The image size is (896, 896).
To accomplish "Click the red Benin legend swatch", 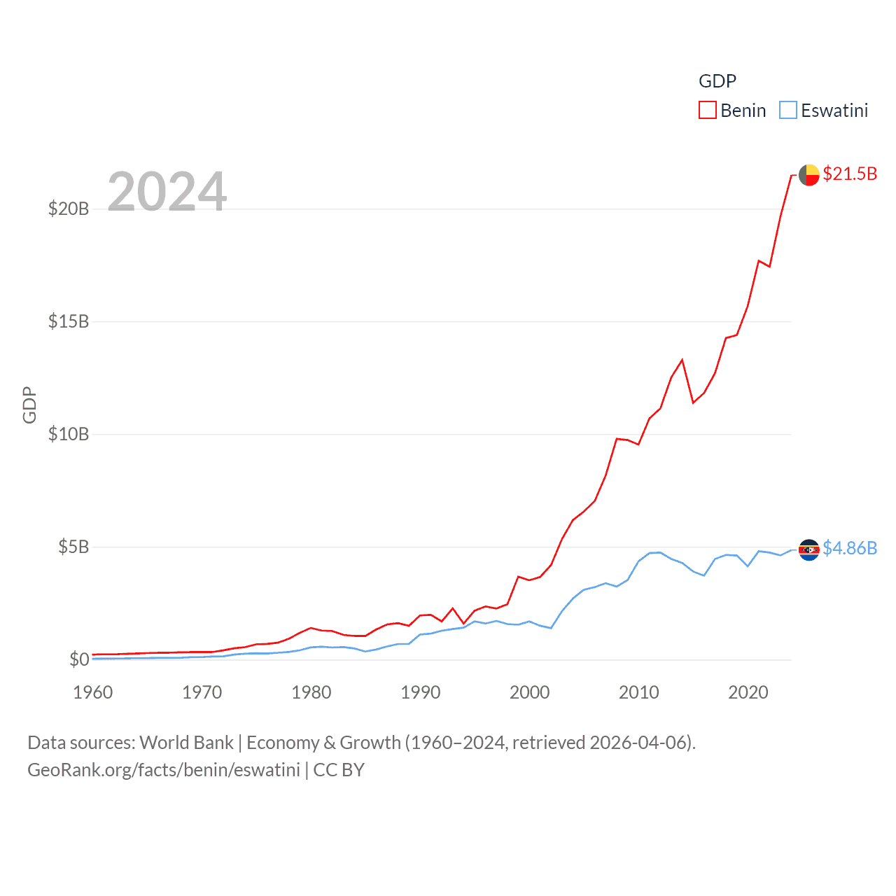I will pyautogui.click(x=708, y=111).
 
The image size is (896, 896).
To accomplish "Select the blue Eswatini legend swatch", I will pyautogui.click(x=788, y=111).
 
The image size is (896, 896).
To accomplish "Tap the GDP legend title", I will pyautogui.click(x=717, y=81).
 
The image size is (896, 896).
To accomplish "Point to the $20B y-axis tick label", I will pyautogui.click(x=69, y=209).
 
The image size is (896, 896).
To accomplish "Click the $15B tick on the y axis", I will pyautogui.click(x=69, y=321).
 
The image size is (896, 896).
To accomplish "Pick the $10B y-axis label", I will pyautogui.click(x=69, y=434).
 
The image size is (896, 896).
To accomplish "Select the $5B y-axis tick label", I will pyautogui.click(x=73, y=547).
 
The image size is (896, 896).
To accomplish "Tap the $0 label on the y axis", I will pyautogui.click(x=79, y=659).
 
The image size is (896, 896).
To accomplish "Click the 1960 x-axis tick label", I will pyautogui.click(x=93, y=692).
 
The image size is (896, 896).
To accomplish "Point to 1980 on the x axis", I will pyautogui.click(x=311, y=692).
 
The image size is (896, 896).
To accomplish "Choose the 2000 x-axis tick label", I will pyautogui.click(x=530, y=692).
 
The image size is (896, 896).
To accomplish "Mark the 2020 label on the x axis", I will pyautogui.click(x=748, y=692).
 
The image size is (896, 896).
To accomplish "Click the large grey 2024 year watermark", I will pyautogui.click(x=167, y=191).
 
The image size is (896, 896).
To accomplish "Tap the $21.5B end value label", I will pyautogui.click(x=850, y=174).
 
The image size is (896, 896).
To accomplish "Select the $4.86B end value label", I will pyautogui.click(x=850, y=548).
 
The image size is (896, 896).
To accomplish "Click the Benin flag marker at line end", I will pyautogui.click(x=809, y=175).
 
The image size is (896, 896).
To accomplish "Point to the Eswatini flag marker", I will pyautogui.click(x=809, y=549).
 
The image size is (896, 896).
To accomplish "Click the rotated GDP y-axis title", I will pyautogui.click(x=29, y=405).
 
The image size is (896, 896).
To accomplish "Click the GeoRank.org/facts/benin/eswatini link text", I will pyautogui.click(x=164, y=770).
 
